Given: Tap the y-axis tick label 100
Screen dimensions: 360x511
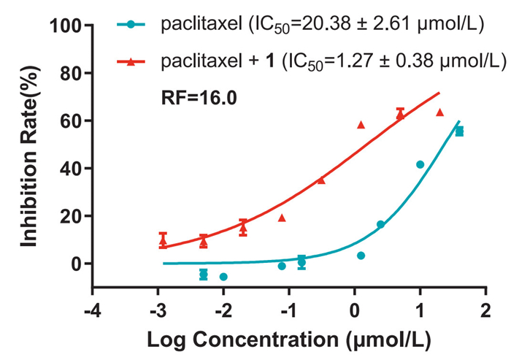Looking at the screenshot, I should pos(66,26).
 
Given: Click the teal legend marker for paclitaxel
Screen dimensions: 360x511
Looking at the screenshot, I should pos(130,26).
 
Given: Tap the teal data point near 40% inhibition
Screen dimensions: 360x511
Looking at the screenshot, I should pos(420,164).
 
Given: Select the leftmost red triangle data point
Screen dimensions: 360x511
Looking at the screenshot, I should pos(164,239).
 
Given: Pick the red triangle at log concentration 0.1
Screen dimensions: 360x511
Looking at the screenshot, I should pos(361,124).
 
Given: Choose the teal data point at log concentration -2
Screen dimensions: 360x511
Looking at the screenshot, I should pos(223,277).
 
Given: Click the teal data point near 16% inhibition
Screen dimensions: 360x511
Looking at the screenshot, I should pos(380,224).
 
